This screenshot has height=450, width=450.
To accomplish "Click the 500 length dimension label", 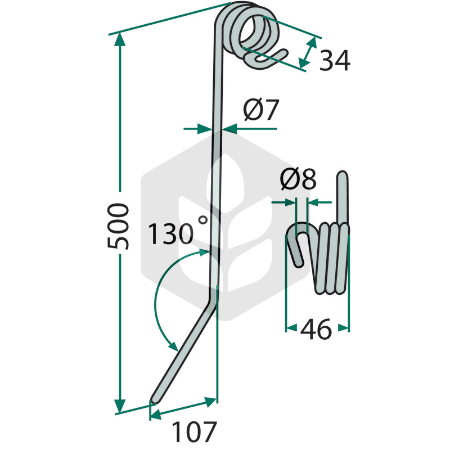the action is (118, 226).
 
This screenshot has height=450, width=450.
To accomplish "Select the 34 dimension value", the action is (335, 61).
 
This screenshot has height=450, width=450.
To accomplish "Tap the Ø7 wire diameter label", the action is (261, 110).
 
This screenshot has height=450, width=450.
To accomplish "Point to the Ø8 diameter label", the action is (298, 179).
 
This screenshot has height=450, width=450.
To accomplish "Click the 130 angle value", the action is (170, 233).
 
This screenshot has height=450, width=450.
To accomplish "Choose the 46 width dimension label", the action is (316, 329).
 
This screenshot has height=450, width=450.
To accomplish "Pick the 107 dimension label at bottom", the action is (194, 431).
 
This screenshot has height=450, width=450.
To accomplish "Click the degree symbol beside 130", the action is (203, 220).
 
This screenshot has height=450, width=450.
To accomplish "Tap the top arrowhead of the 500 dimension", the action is (120, 39).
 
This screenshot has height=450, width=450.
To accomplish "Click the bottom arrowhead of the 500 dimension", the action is (120, 406).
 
